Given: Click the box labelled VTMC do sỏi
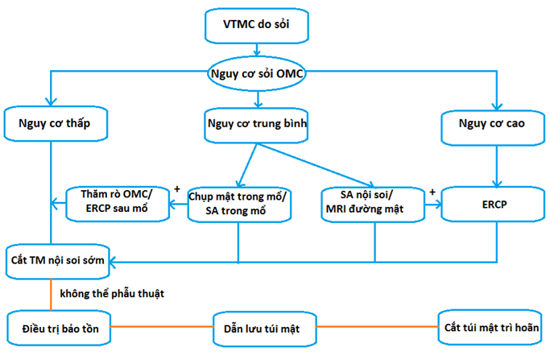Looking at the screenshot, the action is coord(256,26).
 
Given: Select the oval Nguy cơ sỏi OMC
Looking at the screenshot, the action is coord(256,73).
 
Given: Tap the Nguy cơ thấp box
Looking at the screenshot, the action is coord(56,123).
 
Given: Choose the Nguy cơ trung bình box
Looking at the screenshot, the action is coord(256,125).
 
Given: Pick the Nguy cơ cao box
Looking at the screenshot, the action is coord(493,128).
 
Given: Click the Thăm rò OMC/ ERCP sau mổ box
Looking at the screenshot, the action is coord(118,204).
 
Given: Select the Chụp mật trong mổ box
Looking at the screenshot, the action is coord(239,205).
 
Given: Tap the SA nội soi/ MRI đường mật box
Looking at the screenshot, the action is coord(373,205).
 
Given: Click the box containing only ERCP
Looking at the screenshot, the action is coord(493,204).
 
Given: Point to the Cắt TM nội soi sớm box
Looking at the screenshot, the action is coord(57,262).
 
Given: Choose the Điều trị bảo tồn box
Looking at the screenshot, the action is coord(59,328).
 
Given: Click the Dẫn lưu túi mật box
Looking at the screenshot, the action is coord(265,329).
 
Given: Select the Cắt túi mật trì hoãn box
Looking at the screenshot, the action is coord(490,327).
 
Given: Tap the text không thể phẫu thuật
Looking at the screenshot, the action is coord(112,293).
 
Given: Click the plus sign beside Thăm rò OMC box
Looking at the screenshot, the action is coord(177,189).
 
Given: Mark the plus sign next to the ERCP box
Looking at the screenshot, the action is coord(432,192).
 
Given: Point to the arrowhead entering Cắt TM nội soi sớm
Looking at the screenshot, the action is coord(112,262).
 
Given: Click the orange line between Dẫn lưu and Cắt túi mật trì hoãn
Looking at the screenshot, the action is coord(378,327).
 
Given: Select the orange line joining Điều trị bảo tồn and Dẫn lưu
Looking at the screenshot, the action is coord(162,327).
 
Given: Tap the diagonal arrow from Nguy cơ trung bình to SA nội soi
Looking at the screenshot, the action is coord(316,164).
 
